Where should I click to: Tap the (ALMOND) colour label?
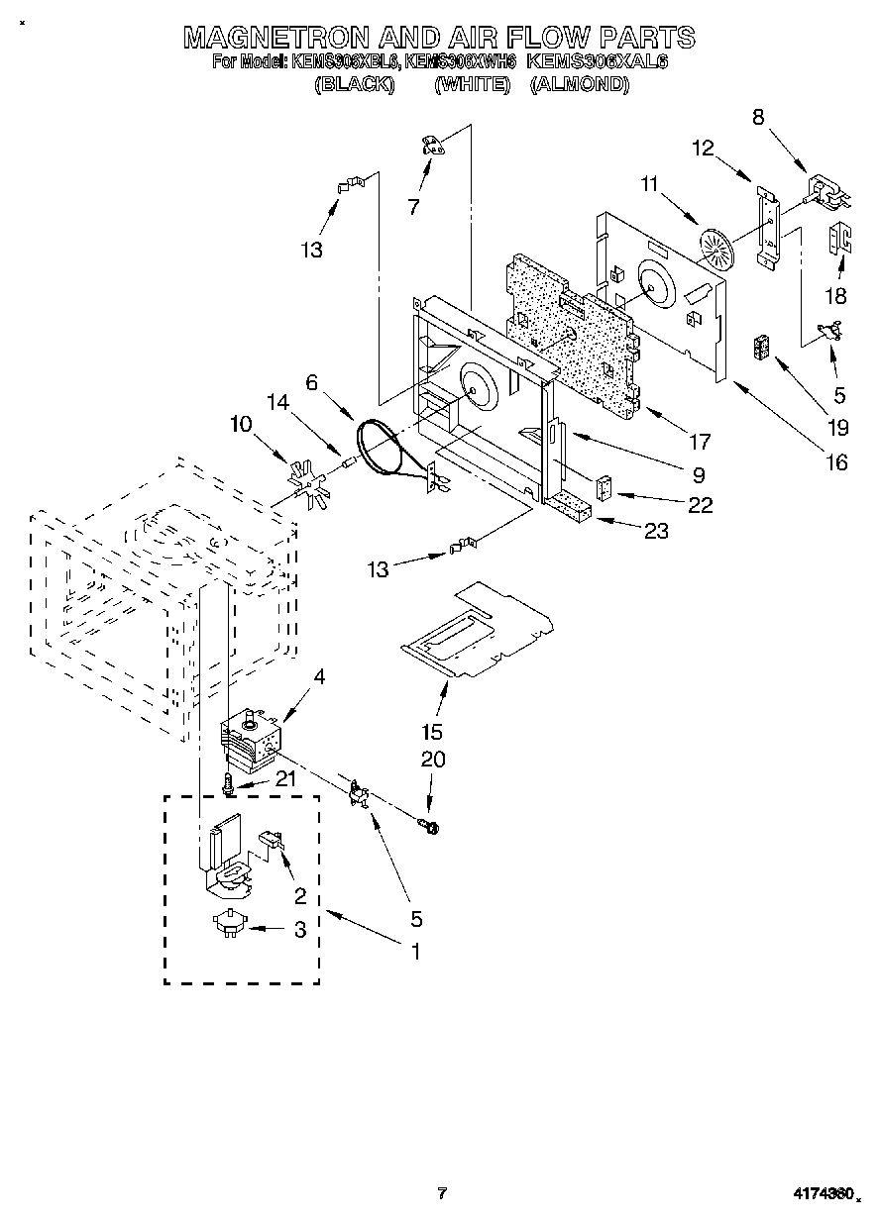(x=580, y=85)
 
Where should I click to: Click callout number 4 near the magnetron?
(x=319, y=676)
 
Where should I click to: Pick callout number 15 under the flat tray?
(x=431, y=733)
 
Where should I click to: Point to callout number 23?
(x=656, y=531)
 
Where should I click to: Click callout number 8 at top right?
(x=758, y=116)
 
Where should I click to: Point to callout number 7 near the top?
(x=413, y=207)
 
